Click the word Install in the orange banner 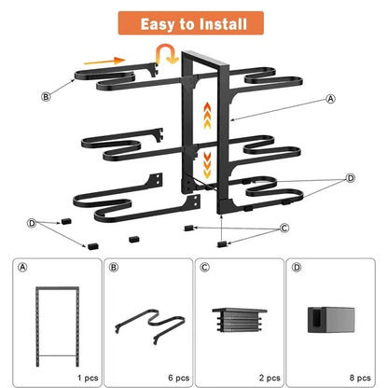[x=219, y=22]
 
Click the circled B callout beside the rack [x=46, y=95]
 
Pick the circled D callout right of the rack [x=350, y=177]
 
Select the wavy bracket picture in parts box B [x=146, y=324]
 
